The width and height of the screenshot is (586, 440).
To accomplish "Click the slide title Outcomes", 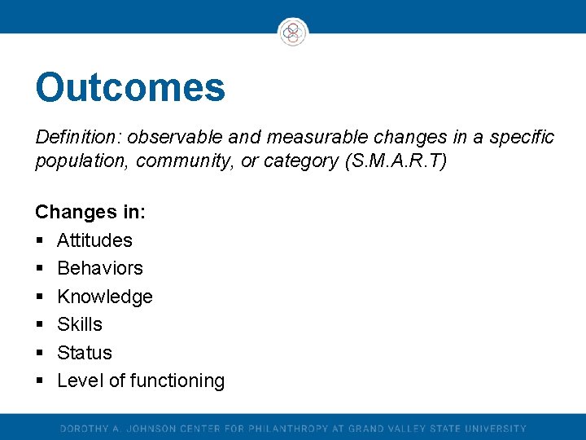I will [x=130, y=88].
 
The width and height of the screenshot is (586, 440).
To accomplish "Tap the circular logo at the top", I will [x=293, y=33].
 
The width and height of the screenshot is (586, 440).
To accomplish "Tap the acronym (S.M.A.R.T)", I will [x=396, y=161].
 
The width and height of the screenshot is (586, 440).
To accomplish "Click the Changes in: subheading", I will [x=90, y=212].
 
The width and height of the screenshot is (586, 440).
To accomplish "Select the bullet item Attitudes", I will [x=94, y=240].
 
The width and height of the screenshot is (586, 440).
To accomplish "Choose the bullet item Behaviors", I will [x=99, y=268].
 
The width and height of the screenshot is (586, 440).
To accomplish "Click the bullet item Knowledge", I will [x=104, y=297].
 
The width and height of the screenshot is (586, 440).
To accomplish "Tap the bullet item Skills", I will [x=80, y=324].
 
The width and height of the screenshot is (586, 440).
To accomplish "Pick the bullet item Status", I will [x=85, y=353].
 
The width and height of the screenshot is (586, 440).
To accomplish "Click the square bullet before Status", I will [x=39, y=354].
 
